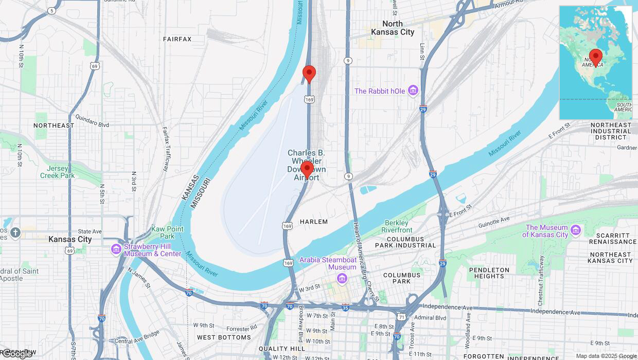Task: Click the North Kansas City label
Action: [x=393, y=28]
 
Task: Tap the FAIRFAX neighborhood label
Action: [x=177, y=39]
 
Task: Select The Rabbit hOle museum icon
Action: [x=413, y=91]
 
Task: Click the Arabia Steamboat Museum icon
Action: [x=342, y=278]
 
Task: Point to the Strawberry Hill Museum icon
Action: [x=116, y=249]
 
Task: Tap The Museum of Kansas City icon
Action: [x=575, y=230]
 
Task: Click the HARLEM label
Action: [x=313, y=222]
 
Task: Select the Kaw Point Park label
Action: [x=167, y=232]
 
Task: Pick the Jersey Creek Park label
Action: [x=58, y=172]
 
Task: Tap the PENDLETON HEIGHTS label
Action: [x=489, y=273]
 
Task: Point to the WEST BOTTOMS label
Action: [x=224, y=337]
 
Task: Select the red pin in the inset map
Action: [x=596, y=58]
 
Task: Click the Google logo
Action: [x=17, y=354]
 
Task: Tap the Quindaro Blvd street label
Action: [x=92, y=124]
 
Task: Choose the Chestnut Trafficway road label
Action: [x=541, y=287]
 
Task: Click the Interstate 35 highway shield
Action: [x=345, y=308]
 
